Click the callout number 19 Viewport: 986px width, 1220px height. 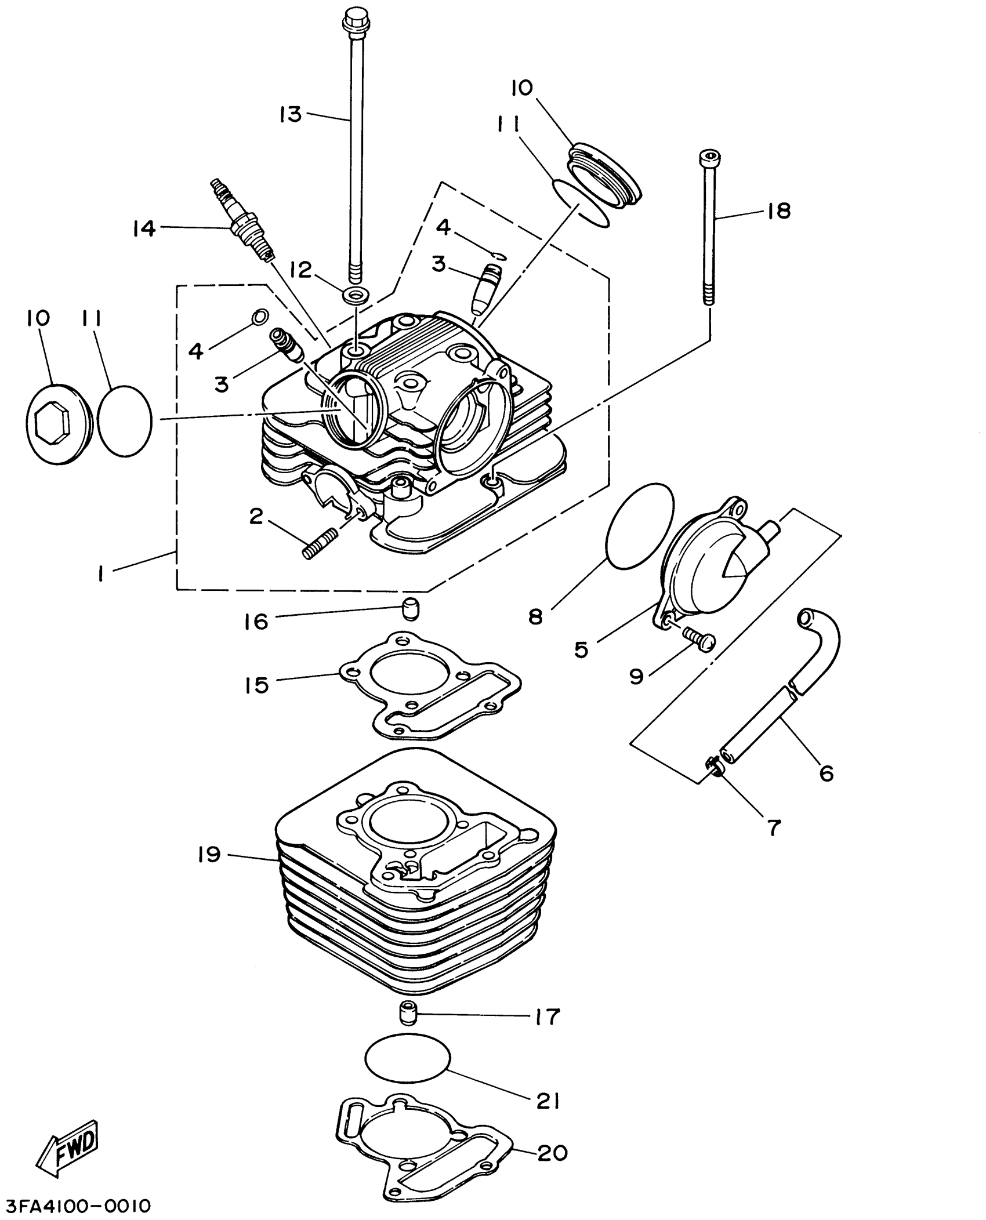click(209, 854)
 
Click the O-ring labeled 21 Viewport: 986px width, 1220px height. click(408, 1059)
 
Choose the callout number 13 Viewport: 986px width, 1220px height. click(290, 114)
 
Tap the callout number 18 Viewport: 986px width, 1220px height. click(778, 211)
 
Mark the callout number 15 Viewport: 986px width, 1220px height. click(256, 685)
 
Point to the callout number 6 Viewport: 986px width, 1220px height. click(825, 772)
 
